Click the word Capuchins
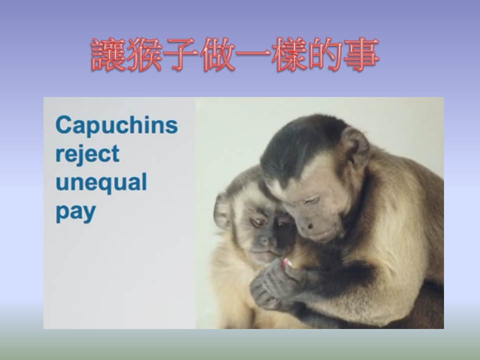point(116,125)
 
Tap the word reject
point(87,154)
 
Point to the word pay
point(76,212)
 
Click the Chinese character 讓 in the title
point(108,54)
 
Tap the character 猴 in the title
point(145,54)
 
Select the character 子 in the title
point(180,54)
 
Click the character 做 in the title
point(217,54)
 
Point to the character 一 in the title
point(253,54)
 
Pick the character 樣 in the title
point(289,54)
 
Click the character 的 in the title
point(325,54)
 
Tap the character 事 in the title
point(361,54)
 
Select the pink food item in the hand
point(286,263)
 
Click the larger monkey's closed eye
point(311,200)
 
